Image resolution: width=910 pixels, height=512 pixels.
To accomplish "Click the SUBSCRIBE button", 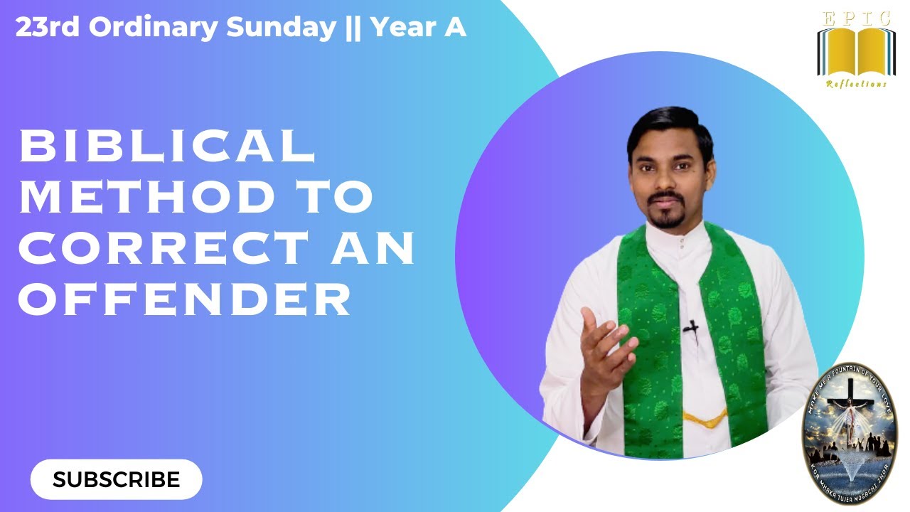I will [x=116, y=479].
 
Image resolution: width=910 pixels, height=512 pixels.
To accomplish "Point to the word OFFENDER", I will [x=186, y=299].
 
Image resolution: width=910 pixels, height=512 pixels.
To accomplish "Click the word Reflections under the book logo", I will [x=856, y=84].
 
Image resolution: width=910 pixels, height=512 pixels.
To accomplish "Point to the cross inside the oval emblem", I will [x=850, y=398].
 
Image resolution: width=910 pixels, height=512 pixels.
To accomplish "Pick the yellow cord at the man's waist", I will [x=705, y=415].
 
